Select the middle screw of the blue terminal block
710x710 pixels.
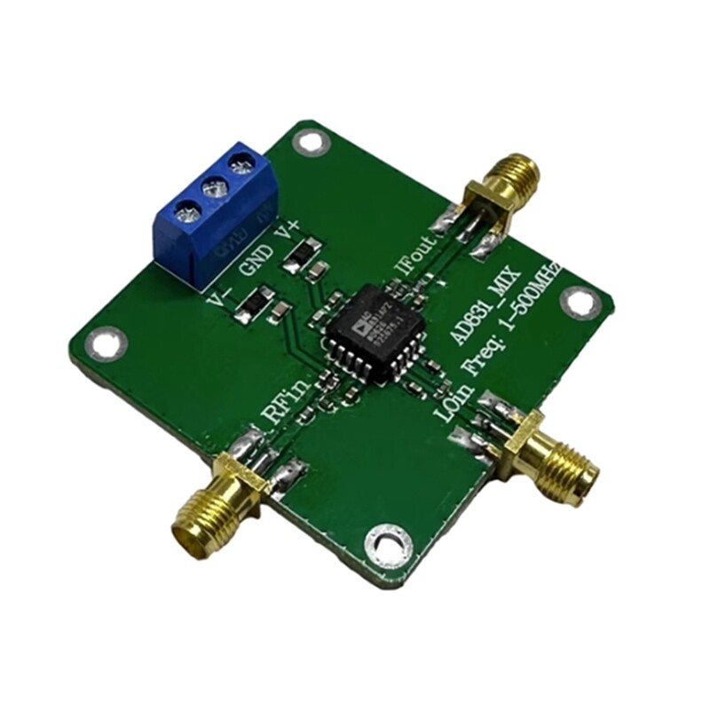tap(211, 187)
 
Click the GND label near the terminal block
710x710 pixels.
tap(256, 258)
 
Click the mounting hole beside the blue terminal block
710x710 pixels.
tap(308, 140)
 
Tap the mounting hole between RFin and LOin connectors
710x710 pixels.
tap(387, 538)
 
